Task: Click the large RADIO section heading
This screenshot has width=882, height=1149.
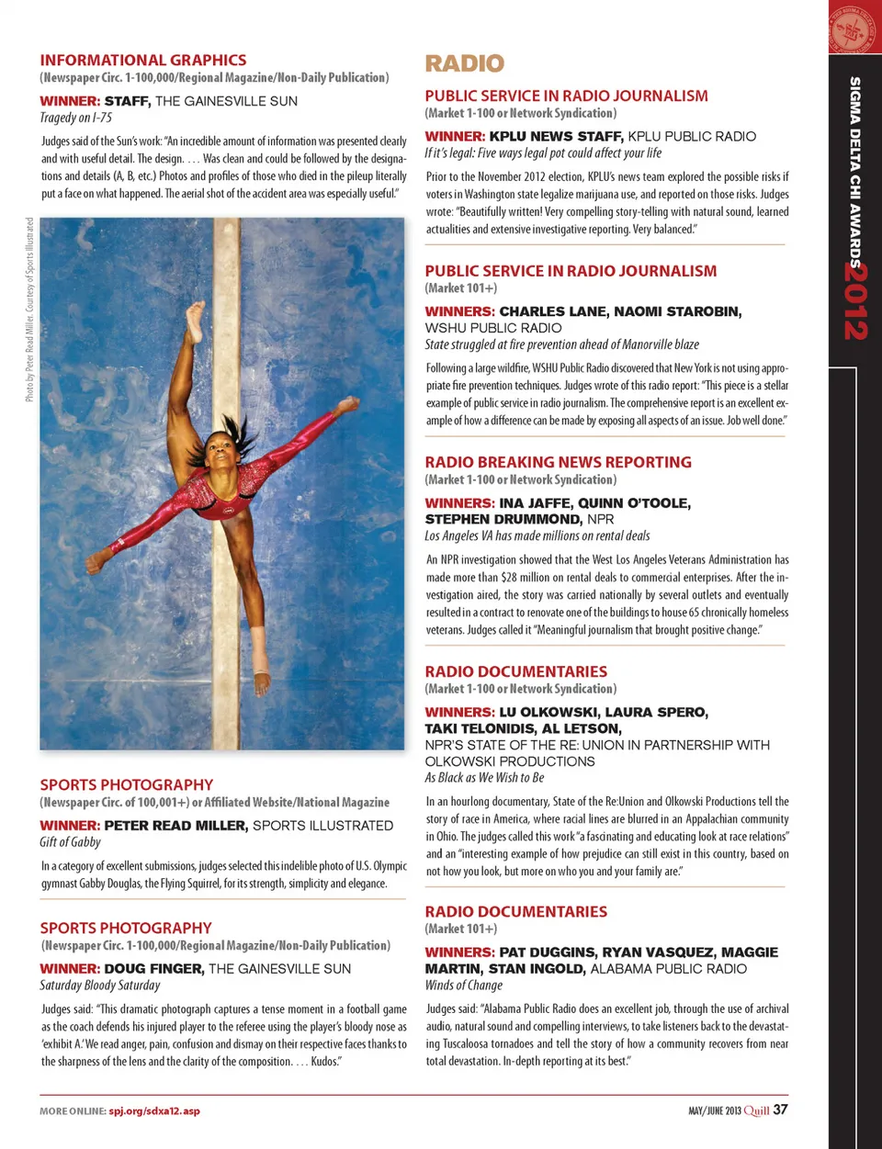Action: coord(464,63)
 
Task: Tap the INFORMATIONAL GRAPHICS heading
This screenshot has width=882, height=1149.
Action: coord(143,60)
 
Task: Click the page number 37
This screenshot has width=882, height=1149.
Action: coord(780,1110)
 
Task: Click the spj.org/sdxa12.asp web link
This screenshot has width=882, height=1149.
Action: coord(154,1111)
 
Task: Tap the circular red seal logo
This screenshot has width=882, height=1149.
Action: coord(855,28)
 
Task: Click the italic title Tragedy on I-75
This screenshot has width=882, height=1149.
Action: coord(76,118)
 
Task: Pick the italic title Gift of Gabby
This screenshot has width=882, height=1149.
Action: coord(71,842)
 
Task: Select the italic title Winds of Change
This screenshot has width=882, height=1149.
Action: coord(463,986)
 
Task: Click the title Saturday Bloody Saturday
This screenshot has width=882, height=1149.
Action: coord(100,986)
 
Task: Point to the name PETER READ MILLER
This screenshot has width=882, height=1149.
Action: coord(175,826)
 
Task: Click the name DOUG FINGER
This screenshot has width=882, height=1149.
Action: coord(153,969)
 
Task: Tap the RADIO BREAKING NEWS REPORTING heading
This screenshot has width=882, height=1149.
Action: coord(558,462)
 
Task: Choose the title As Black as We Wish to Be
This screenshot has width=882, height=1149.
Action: coord(484,778)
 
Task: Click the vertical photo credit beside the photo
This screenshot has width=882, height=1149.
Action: coord(29,310)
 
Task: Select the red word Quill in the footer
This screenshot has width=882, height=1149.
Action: coord(756,1110)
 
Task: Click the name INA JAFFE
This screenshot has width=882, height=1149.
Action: coord(534,503)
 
